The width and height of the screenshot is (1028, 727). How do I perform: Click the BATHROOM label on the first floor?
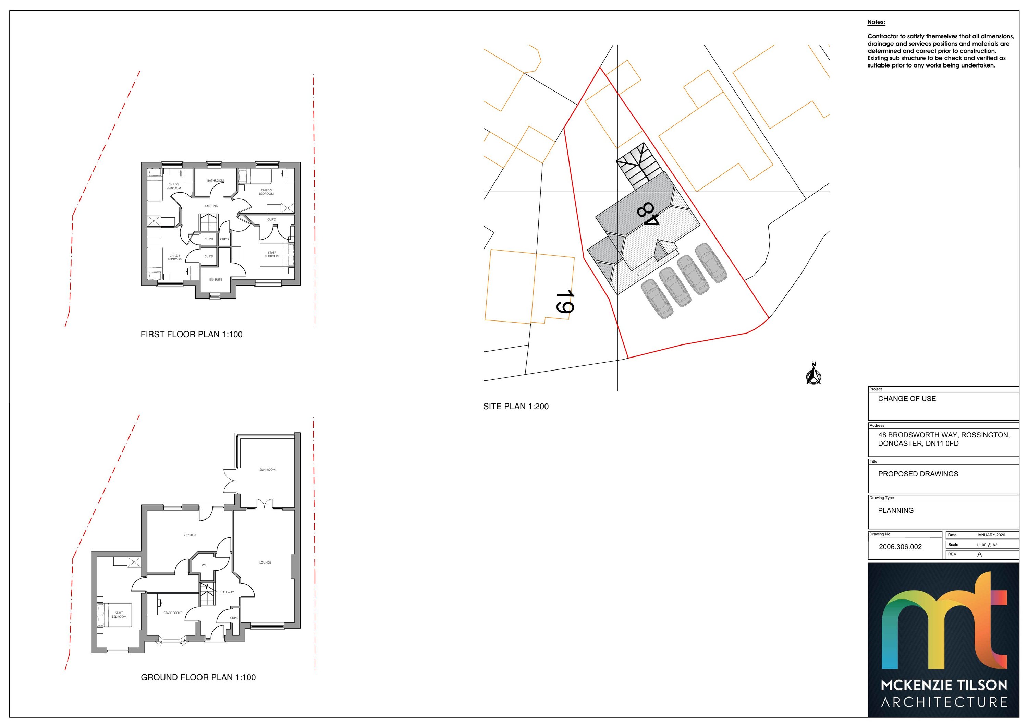215,181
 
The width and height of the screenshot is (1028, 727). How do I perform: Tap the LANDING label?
211,206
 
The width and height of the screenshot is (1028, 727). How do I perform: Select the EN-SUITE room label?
215,279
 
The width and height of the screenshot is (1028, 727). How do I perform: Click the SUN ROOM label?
267,470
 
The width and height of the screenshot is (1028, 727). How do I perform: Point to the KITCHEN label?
189,535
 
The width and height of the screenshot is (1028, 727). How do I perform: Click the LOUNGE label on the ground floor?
265,562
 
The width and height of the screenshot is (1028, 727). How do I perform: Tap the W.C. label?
205,565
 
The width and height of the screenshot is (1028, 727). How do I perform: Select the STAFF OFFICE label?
173,613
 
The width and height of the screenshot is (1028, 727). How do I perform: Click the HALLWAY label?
227,592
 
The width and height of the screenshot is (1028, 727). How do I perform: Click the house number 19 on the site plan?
565,302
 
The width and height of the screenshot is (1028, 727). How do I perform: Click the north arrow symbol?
813,374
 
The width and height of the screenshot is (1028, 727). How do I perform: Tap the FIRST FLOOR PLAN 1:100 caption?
191,334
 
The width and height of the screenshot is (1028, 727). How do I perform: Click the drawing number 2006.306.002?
901,547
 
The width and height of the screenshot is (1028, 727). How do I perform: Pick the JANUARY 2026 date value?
991,535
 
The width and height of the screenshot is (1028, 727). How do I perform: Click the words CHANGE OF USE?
907,399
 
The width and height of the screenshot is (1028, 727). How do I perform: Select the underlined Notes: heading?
876,22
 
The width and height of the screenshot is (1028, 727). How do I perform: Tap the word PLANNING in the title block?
895,511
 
